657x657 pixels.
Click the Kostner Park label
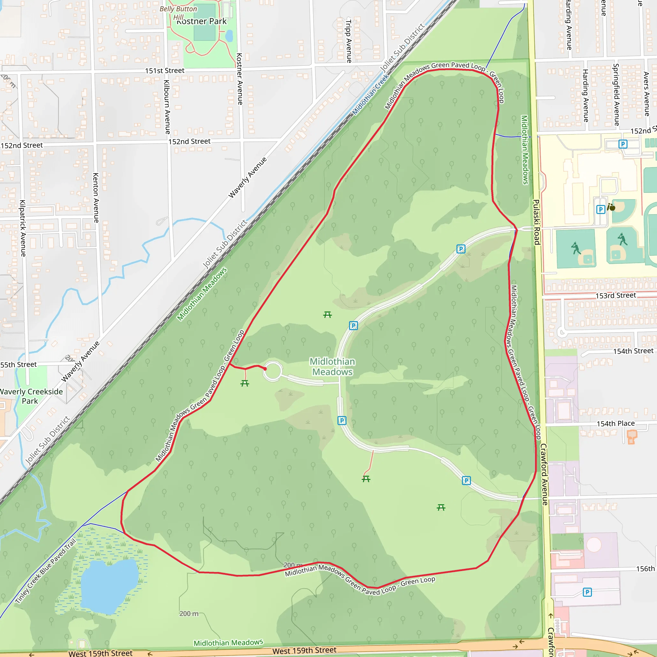pos(202,21)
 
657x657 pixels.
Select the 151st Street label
pos(165,71)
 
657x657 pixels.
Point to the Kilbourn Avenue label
pos(167,107)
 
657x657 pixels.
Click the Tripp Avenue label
pos(349,41)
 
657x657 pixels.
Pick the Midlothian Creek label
pos(370,95)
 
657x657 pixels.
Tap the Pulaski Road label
pos(537,222)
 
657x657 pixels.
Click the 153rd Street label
pos(616,295)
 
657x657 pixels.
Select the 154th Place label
pos(616,423)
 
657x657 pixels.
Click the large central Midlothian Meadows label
pos(332,367)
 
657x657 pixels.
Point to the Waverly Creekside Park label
pos(30,396)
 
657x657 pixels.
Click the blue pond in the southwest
pos(109,585)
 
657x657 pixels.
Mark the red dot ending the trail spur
pos(265,369)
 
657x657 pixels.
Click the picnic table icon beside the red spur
pos(245,383)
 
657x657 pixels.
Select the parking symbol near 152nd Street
pos(623,144)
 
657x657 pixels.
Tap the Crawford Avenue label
pos(544,474)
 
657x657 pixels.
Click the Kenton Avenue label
pos(96,198)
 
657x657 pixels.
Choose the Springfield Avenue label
pos(616,95)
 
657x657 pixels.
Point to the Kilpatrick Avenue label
pos(23,228)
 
